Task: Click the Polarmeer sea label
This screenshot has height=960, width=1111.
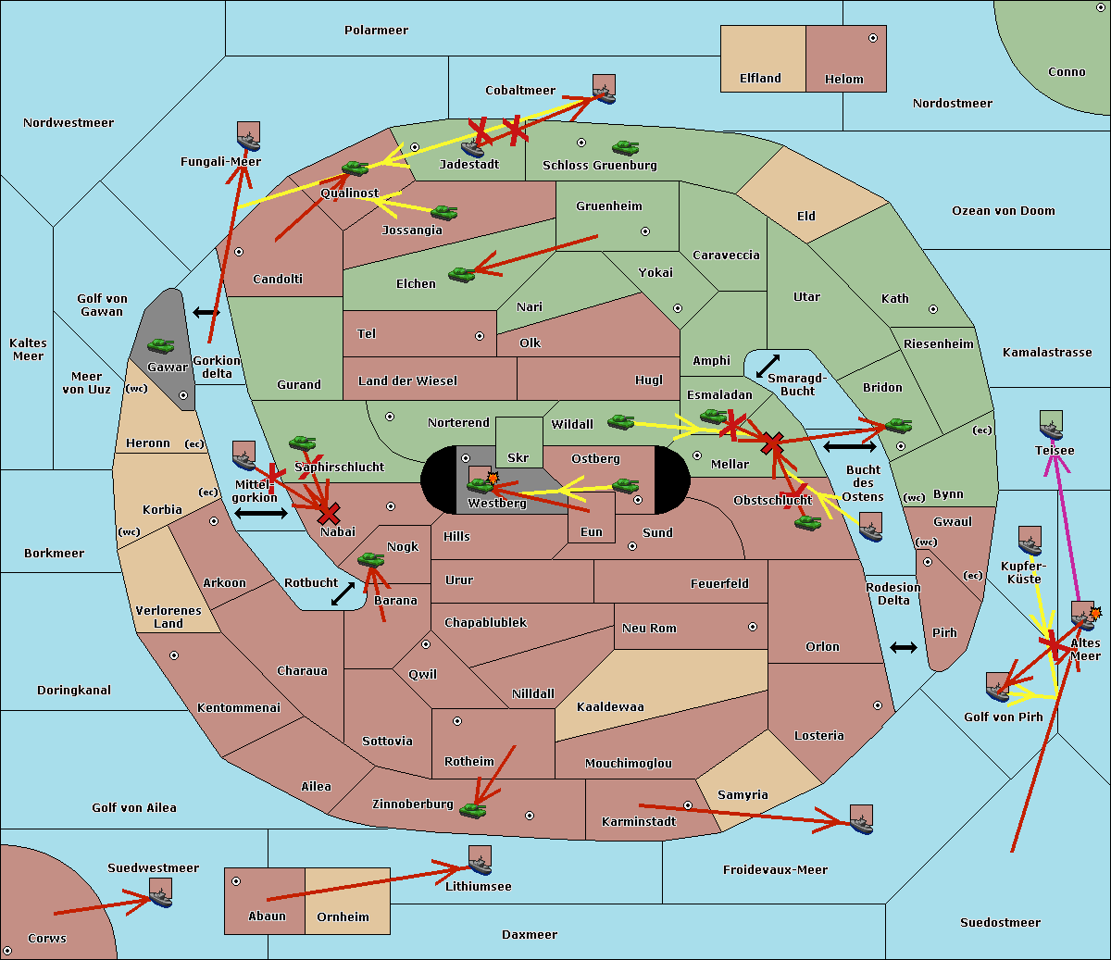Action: [x=376, y=31]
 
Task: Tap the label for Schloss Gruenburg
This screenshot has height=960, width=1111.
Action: [x=599, y=165]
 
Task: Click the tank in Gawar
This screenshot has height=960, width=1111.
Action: [x=161, y=345]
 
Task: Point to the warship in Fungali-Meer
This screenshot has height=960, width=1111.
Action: [x=248, y=136]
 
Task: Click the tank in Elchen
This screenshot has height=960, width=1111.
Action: [x=462, y=275]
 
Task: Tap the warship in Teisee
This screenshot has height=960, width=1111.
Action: [x=1051, y=425]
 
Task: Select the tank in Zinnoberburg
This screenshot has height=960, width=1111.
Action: [x=473, y=811]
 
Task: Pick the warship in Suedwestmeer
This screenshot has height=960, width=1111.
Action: [x=160, y=892]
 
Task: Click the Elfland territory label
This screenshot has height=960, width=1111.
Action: [x=760, y=79]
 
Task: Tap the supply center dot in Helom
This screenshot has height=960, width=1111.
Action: [x=873, y=38]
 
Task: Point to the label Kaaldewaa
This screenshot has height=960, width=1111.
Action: [x=610, y=707]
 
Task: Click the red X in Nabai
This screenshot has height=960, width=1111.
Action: [x=329, y=514]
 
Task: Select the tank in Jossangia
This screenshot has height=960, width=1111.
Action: [x=444, y=212]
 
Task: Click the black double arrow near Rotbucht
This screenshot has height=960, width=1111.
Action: [x=343, y=593]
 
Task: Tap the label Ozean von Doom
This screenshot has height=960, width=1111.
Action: [x=1003, y=211]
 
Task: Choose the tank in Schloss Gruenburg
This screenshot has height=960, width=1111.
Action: [x=626, y=147]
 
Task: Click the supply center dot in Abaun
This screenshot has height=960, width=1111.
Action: [x=236, y=881]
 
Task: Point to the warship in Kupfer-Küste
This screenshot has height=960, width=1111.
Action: [x=1030, y=541]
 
